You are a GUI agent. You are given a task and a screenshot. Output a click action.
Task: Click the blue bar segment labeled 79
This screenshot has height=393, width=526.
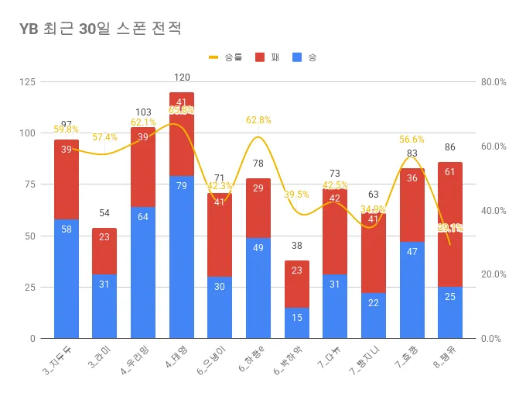pyautogui.click(x=182, y=257)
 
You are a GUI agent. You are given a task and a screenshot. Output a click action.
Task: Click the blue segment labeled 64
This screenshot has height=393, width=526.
pyautogui.click(x=143, y=272)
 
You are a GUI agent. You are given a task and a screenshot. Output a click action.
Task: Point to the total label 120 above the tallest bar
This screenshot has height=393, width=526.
pyautogui.click(x=182, y=78)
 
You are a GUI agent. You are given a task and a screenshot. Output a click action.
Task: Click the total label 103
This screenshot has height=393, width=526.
pyautogui.click(x=143, y=112)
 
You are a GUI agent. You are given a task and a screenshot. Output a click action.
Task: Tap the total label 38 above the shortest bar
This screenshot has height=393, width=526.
pyautogui.click(x=297, y=246)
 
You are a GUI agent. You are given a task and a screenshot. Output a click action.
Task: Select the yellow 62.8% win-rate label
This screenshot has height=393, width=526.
pyautogui.click(x=258, y=120)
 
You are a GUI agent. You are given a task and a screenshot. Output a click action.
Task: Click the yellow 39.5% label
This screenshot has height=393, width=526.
pyautogui.click(x=297, y=195)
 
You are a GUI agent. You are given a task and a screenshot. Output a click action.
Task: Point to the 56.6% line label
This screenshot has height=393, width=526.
pyautogui.click(x=412, y=140)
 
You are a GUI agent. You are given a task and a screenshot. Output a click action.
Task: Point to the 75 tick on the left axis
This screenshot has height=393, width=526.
pyautogui.click(x=30, y=184)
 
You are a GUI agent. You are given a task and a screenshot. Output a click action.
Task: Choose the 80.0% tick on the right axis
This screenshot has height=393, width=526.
pyautogui.click(x=494, y=82)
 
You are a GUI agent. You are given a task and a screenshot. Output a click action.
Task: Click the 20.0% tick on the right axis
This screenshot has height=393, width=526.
pyautogui.click(x=494, y=274)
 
